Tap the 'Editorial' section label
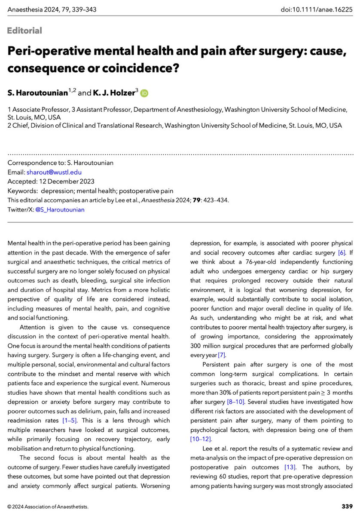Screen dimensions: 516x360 [x=24, y=31]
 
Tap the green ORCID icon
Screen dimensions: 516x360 [x=144, y=93]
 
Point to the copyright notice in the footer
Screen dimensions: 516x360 [x=48, y=507]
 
